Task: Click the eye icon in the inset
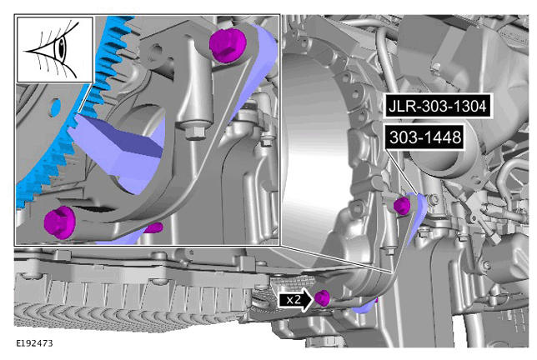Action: coord(55,50)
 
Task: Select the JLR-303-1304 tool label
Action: coord(437,106)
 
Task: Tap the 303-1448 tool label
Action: coord(425,137)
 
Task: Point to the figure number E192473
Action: coord(34,342)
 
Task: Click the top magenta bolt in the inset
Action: coord(228,45)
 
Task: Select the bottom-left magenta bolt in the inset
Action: coord(59,222)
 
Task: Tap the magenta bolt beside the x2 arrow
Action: coord(322,298)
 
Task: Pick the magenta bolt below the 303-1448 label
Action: coord(402,206)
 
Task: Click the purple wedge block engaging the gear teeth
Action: coord(117,151)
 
